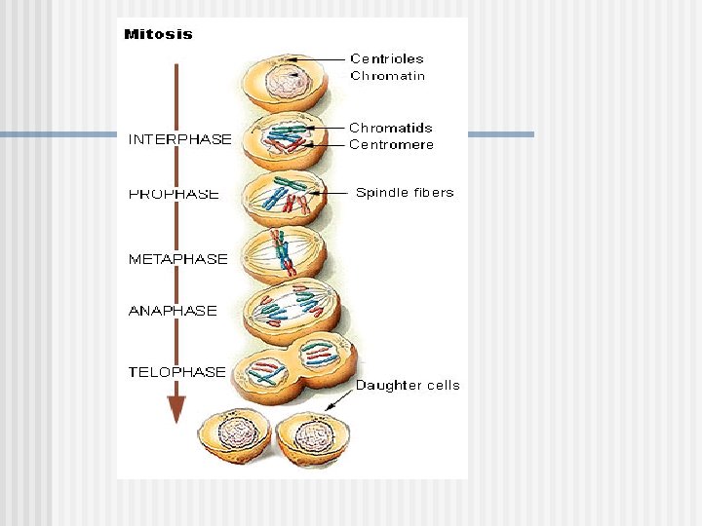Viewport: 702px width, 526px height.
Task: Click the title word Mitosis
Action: pyautogui.click(x=158, y=35)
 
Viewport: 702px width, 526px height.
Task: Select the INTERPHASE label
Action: pyautogui.click(x=180, y=139)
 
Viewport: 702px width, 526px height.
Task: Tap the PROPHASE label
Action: pyautogui.click(x=174, y=194)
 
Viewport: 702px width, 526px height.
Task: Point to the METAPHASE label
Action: pyautogui.click(x=178, y=259)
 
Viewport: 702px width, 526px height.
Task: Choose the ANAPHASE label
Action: pyautogui.click(x=173, y=311)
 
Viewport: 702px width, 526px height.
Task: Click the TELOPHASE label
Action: pyautogui.click(x=177, y=371)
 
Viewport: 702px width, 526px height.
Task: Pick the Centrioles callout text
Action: pyautogui.click(x=387, y=58)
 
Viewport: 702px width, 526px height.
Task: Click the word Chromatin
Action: pyautogui.click(x=387, y=76)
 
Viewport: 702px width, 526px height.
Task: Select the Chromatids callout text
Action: pyautogui.click(x=390, y=128)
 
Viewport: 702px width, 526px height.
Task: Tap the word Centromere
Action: pyautogui.click(x=391, y=144)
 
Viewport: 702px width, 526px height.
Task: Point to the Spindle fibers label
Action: pyautogui.click(x=405, y=193)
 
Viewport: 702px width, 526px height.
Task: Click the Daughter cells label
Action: pyautogui.click(x=408, y=385)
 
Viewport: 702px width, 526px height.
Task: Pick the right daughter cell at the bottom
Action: pyautogui.click(x=313, y=436)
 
